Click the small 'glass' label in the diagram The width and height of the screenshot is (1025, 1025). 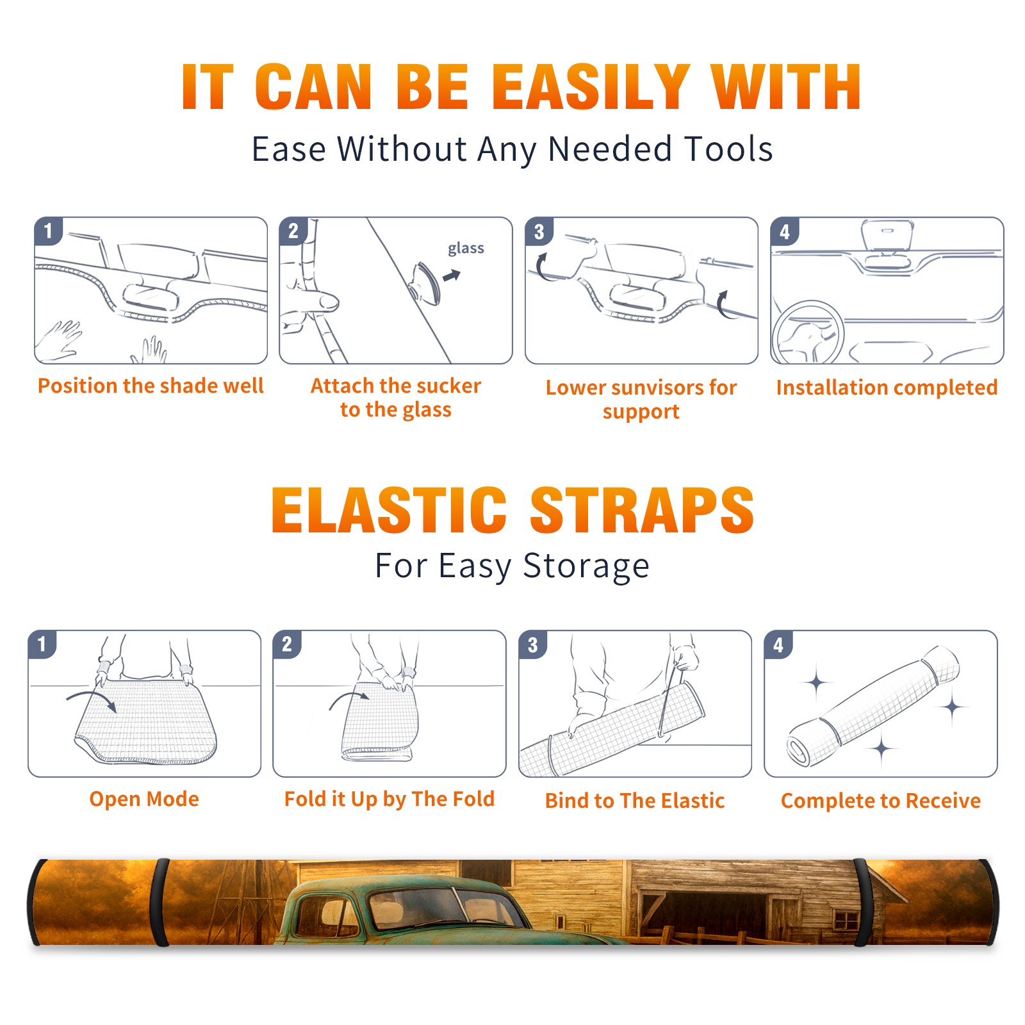point(466,249)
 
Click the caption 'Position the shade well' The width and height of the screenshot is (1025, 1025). point(151,386)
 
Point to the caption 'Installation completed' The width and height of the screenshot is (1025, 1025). point(887,387)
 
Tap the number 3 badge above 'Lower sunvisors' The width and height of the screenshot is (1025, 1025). point(539,232)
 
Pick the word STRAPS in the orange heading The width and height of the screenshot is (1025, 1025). point(642,510)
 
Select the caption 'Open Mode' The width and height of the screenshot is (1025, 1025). point(144,799)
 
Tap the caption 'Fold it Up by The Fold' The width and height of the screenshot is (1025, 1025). point(389,799)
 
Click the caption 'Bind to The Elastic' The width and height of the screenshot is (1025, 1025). point(635,801)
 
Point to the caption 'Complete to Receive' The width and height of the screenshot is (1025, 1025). point(881,801)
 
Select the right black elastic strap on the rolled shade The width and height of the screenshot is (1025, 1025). point(860,903)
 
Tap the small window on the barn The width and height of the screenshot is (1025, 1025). point(847,921)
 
